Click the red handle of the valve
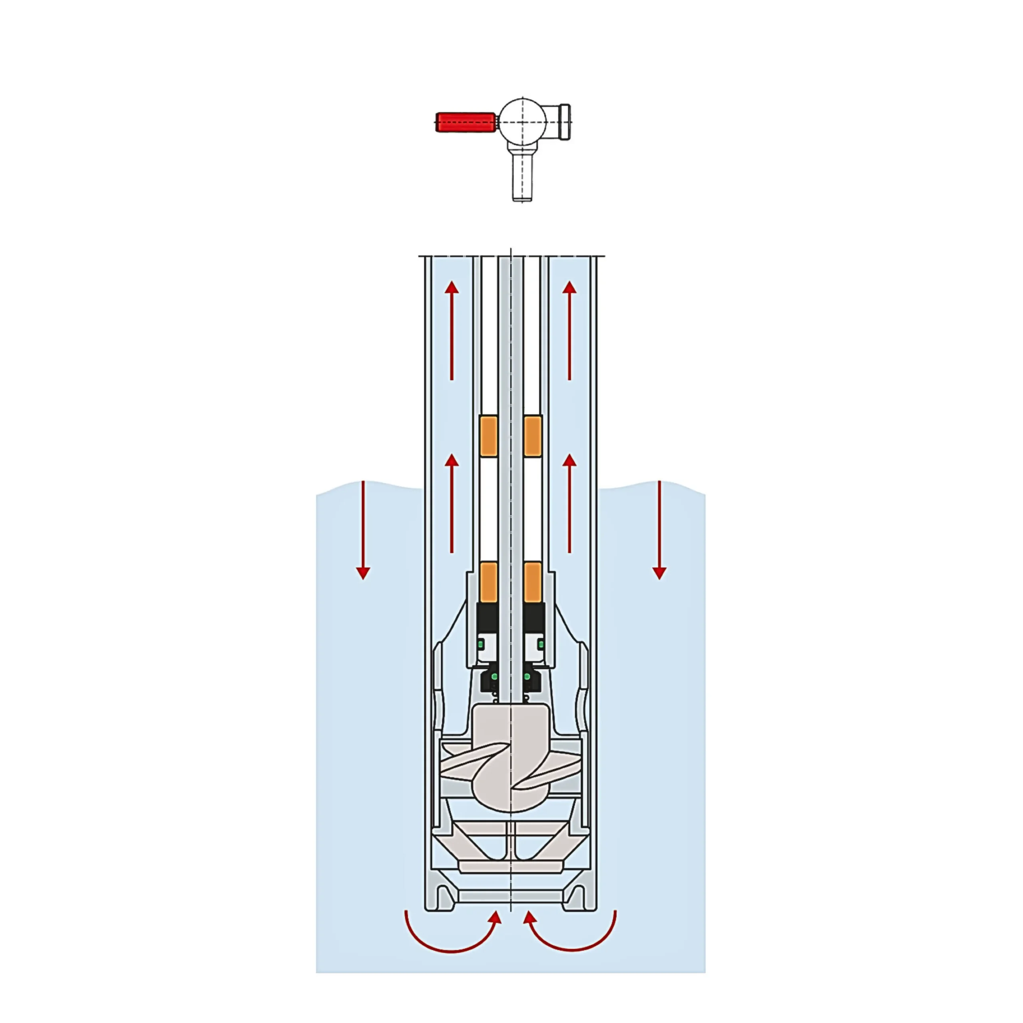coord(465,122)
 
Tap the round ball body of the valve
coord(523,121)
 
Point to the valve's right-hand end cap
coord(565,122)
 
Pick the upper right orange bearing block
coord(533,436)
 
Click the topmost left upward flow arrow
coord(452,330)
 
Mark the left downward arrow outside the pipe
coord(363,529)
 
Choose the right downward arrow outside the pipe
coord(659,529)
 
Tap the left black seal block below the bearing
coord(487,617)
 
